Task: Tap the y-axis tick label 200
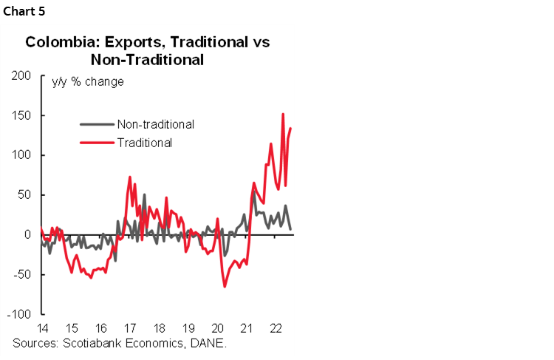pos(21,76)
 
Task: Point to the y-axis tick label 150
pos(21,116)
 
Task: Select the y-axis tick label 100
pos(21,155)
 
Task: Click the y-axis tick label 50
pos(24,195)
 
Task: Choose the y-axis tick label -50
pos(23,274)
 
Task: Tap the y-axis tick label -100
pos(20,314)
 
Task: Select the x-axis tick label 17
pos(130,328)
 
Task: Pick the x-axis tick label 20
pos(217,328)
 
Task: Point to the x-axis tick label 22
pos(276,328)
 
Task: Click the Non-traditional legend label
pos(155,124)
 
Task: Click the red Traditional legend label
pos(144,143)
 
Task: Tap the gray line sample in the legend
pos(98,124)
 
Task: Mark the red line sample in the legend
pos(98,143)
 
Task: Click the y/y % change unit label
pos(87,81)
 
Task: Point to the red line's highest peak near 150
pos(283,114)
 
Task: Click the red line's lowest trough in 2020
pos(225,286)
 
